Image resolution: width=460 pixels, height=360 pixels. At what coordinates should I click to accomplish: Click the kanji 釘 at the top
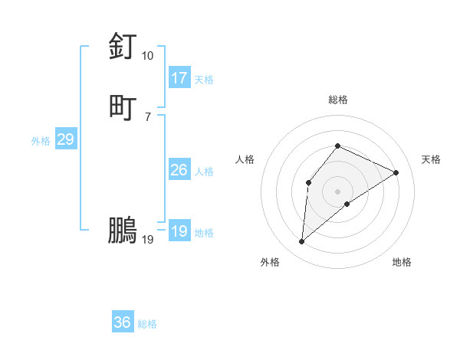pos(123,47)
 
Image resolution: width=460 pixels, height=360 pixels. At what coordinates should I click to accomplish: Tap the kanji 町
pos(123,106)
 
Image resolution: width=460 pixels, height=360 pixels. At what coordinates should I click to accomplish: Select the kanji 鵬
pos(123,231)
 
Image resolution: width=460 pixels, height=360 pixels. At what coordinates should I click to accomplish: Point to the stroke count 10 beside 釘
pos(147,56)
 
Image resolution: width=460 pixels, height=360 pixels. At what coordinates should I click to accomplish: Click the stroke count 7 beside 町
pos(147,116)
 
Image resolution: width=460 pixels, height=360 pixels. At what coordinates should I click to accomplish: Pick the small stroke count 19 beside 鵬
pos(147,240)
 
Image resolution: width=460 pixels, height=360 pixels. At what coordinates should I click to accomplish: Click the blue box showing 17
pos(179,78)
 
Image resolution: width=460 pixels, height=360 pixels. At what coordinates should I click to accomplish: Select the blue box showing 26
pos(179,170)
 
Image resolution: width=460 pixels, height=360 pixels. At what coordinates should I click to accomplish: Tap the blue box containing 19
pos(179,231)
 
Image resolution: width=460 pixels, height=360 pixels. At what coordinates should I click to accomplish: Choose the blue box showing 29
pos(65,139)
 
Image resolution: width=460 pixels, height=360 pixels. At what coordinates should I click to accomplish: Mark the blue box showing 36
pos(122,322)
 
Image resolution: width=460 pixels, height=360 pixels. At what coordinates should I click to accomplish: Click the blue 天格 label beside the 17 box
pos(204,80)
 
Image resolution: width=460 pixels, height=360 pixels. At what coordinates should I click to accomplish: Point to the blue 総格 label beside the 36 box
pos(147,324)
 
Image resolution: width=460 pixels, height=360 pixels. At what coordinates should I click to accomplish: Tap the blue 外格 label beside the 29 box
pos(41,141)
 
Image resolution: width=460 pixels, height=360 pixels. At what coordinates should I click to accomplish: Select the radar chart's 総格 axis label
pos(337,100)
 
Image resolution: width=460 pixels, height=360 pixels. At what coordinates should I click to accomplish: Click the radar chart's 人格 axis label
pos(245,159)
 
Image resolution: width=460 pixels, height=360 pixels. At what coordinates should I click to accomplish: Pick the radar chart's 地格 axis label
pos(402,262)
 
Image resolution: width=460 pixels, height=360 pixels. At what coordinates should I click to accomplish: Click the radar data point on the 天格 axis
pos(396,172)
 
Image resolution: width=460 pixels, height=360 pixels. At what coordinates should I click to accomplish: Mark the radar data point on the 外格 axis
pos(302,242)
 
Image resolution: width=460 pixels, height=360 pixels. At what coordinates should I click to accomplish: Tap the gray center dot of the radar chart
pos(337,191)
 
